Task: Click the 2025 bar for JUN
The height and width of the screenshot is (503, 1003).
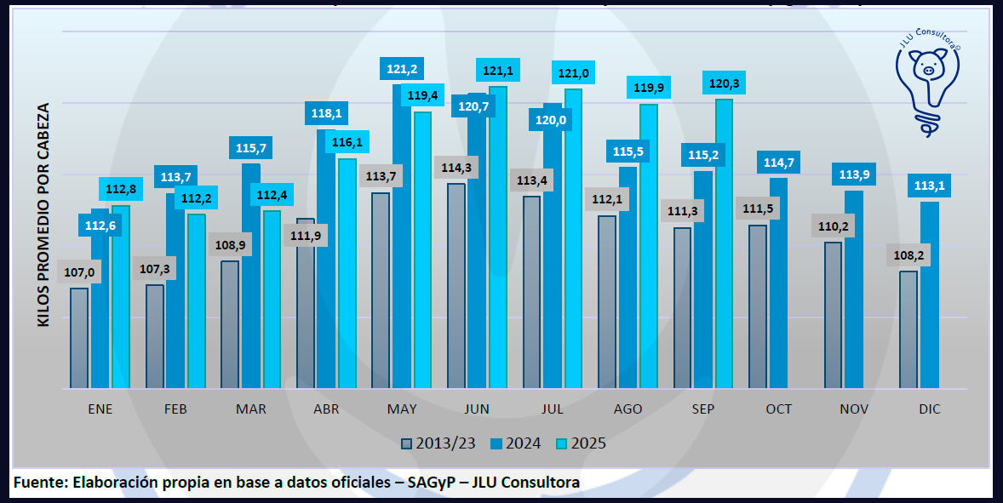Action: pyautogui.click(x=498, y=237)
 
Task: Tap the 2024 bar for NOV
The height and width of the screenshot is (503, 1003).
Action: pyautogui.click(x=854, y=289)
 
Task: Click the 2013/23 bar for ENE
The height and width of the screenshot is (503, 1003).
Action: pyautogui.click(x=79, y=338)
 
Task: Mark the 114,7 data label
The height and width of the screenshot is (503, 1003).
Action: pyautogui.click(x=778, y=163)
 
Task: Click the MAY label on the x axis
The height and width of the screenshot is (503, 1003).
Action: pyautogui.click(x=402, y=409)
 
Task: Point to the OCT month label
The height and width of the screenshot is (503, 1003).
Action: pyautogui.click(x=778, y=409)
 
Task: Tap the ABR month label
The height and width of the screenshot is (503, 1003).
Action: pyautogui.click(x=326, y=409)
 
